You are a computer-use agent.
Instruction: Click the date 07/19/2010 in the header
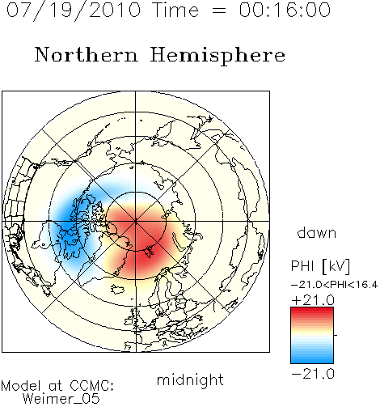point(74,11)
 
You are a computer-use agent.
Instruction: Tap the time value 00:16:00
point(285,10)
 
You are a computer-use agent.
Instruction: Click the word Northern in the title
point(87,54)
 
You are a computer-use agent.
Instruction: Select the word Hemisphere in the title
point(217,55)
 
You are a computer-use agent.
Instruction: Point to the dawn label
point(317,232)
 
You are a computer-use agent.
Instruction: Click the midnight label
point(190,379)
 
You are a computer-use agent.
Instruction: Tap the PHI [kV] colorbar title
point(320,266)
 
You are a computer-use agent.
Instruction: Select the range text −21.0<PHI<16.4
point(334,284)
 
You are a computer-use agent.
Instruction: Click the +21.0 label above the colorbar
point(313,300)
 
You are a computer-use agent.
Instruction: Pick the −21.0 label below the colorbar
point(313,374)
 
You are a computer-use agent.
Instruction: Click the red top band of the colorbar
point(312,311)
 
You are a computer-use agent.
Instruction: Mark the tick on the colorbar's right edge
point(336,335)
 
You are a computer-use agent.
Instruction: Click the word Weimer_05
point(61,398)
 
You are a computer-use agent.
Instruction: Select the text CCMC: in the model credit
point(91,386)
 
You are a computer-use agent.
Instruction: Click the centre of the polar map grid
point(136,222)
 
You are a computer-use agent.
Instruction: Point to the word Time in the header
point(175,10)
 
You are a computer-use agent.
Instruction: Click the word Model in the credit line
point(21,386)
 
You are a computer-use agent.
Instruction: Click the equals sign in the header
point(219,11)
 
